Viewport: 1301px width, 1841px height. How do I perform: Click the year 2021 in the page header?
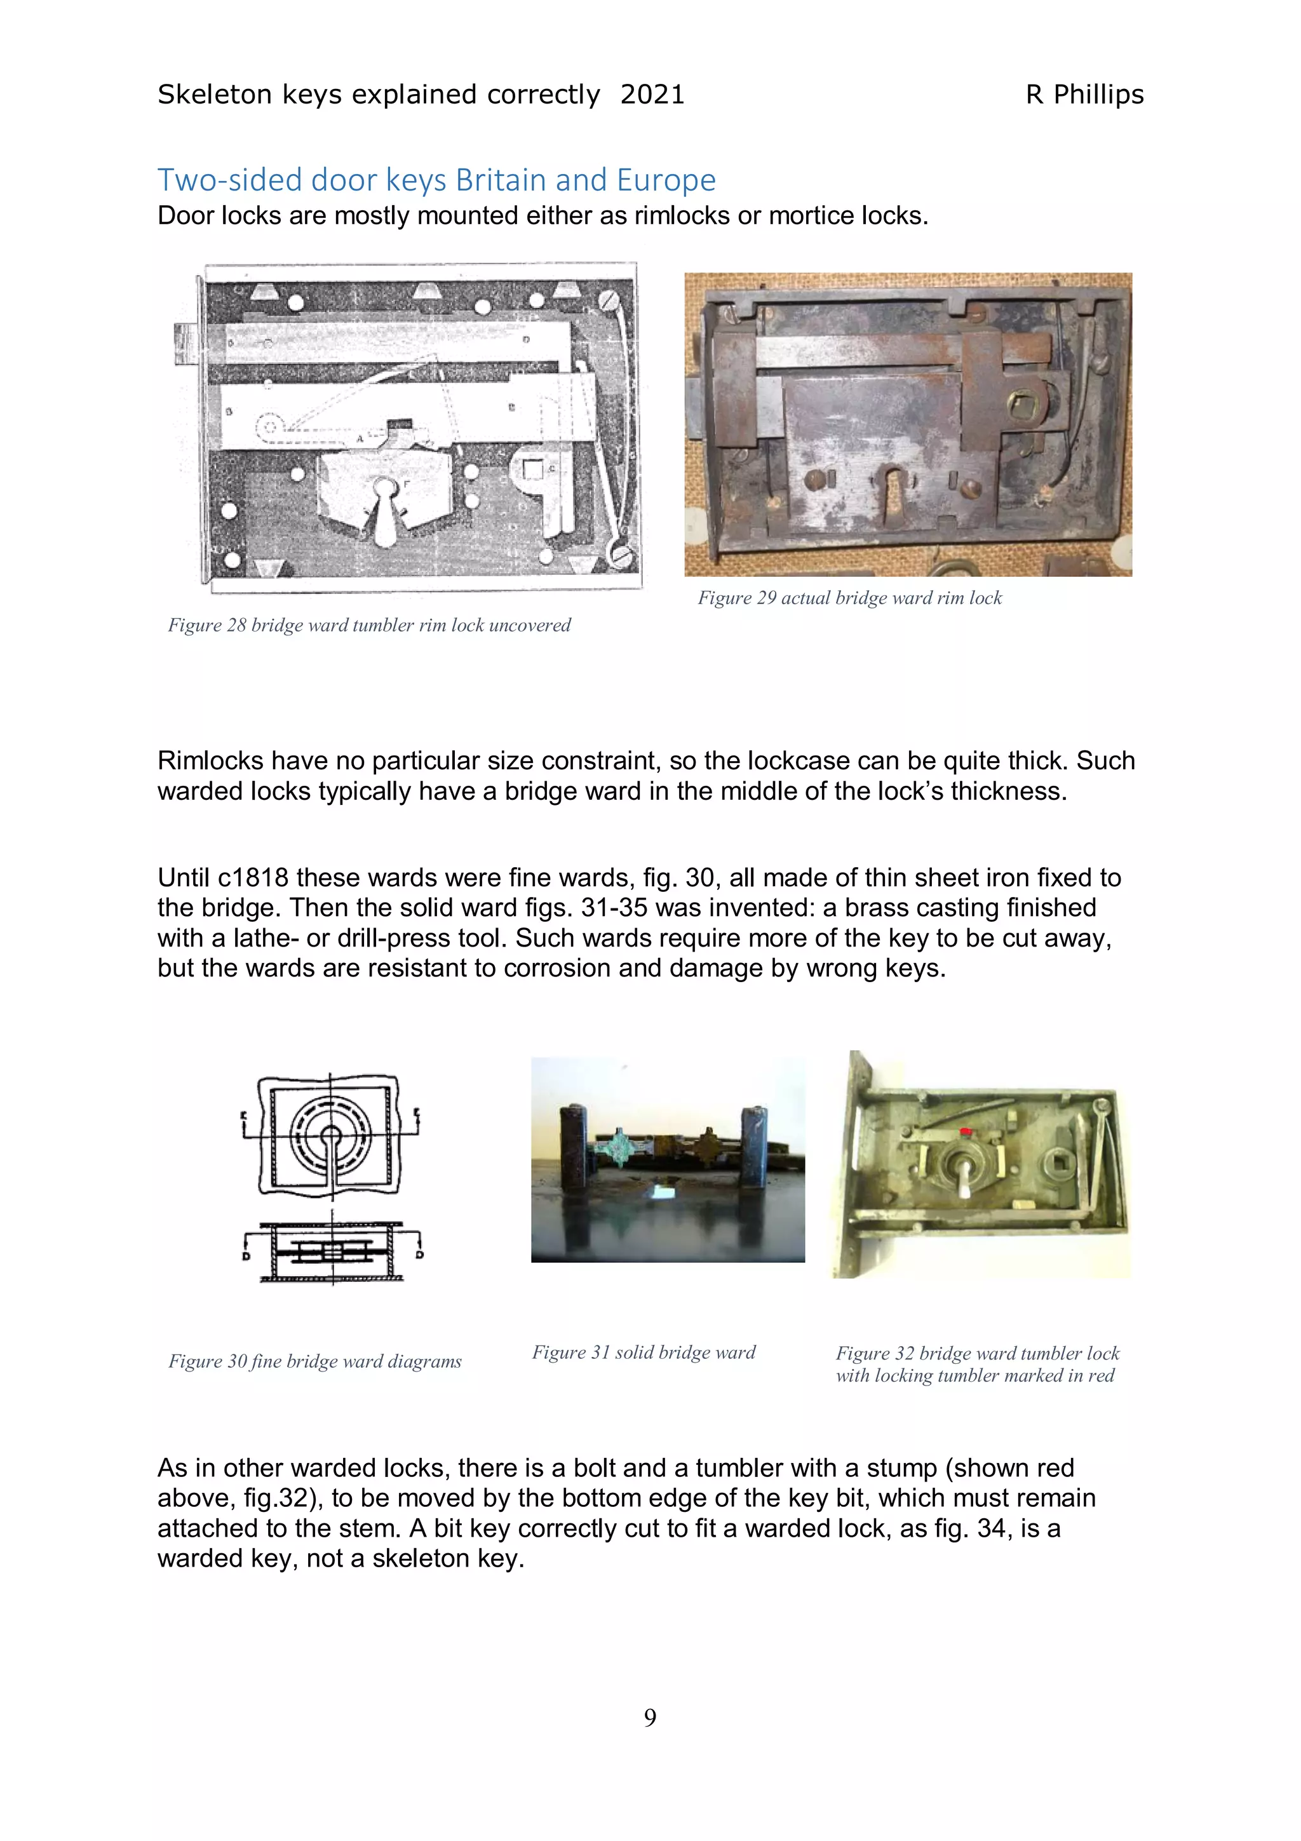point(652,95)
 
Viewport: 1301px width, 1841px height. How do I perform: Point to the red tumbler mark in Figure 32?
point(965,1132)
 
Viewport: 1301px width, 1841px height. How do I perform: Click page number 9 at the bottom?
point(650,1716)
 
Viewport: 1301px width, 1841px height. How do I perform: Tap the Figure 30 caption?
point(314,1361)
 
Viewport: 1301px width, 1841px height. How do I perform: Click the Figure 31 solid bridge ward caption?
point(643,1352)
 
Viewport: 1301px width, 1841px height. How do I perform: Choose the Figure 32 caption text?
point(976,1364)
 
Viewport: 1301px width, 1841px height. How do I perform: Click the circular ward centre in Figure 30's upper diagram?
point(330,1135)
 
